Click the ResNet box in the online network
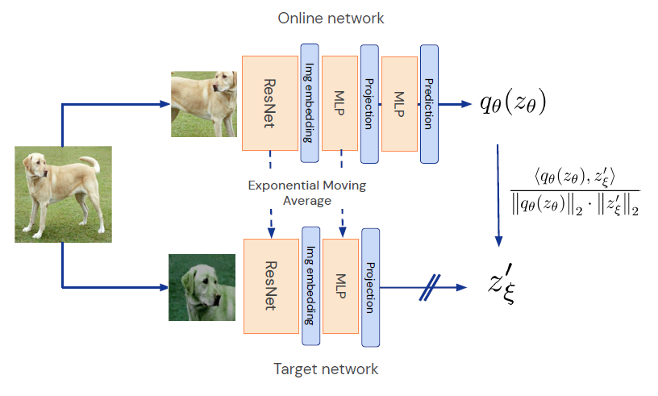pos(270,102)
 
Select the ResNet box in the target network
pos(271,286)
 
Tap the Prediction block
pos(428,102)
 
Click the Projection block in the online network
pos(369,102)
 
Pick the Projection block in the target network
pos(370,285)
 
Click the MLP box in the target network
pos(339,286)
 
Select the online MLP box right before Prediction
pos(399,102)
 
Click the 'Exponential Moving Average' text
pos(307,193)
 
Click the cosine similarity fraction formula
pos(574,191)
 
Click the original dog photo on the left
pos(62,194)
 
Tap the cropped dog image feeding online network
pos(202,102)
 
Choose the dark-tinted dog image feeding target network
pos(202,286)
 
